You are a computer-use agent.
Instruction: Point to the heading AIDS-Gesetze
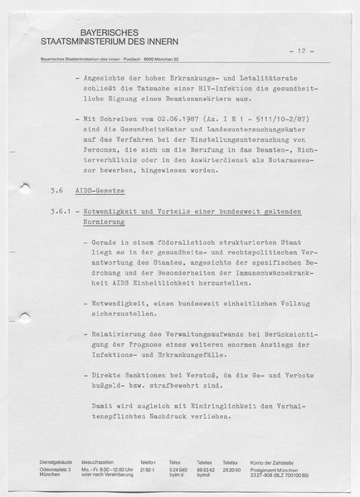[x=98, y=190]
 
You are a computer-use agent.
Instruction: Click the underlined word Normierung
[x=103, y=222]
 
